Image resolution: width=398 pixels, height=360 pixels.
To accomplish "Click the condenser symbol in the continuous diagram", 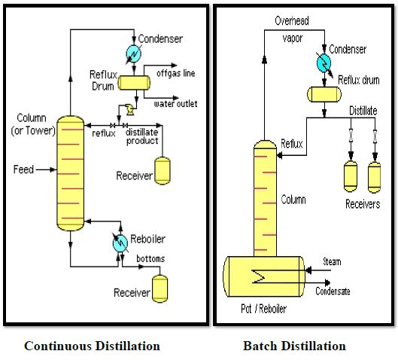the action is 133,53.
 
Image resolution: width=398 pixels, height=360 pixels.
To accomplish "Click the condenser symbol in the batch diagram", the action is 324,63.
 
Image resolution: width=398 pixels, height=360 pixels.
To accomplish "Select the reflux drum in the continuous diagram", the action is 134,83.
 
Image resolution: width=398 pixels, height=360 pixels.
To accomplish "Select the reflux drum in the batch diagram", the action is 324,94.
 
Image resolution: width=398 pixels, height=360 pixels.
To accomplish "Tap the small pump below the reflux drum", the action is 130,109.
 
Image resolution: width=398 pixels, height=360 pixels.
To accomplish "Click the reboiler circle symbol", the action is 120,243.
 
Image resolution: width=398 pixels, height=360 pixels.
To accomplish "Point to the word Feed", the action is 23,169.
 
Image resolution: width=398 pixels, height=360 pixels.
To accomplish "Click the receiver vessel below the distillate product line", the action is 163,171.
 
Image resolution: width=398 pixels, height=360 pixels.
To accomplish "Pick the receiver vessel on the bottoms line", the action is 160,289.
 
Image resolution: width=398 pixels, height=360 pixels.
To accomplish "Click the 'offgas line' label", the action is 176,73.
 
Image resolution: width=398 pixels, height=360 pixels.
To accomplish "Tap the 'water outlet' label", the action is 175,104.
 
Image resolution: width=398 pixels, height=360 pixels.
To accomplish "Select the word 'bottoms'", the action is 150,258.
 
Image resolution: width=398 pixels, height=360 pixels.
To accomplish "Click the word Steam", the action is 332,261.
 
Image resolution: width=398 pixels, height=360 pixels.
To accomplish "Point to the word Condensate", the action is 333,291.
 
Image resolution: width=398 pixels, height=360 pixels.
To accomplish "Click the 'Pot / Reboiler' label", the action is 263,309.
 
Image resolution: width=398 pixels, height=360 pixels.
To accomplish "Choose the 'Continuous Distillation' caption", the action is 92,346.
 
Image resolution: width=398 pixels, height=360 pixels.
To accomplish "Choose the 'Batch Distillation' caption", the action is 294,346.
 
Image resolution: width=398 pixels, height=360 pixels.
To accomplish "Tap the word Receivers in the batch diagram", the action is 363,204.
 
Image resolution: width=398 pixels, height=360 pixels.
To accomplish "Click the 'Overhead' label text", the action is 292,21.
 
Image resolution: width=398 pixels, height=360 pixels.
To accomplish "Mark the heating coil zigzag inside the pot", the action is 258,276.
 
